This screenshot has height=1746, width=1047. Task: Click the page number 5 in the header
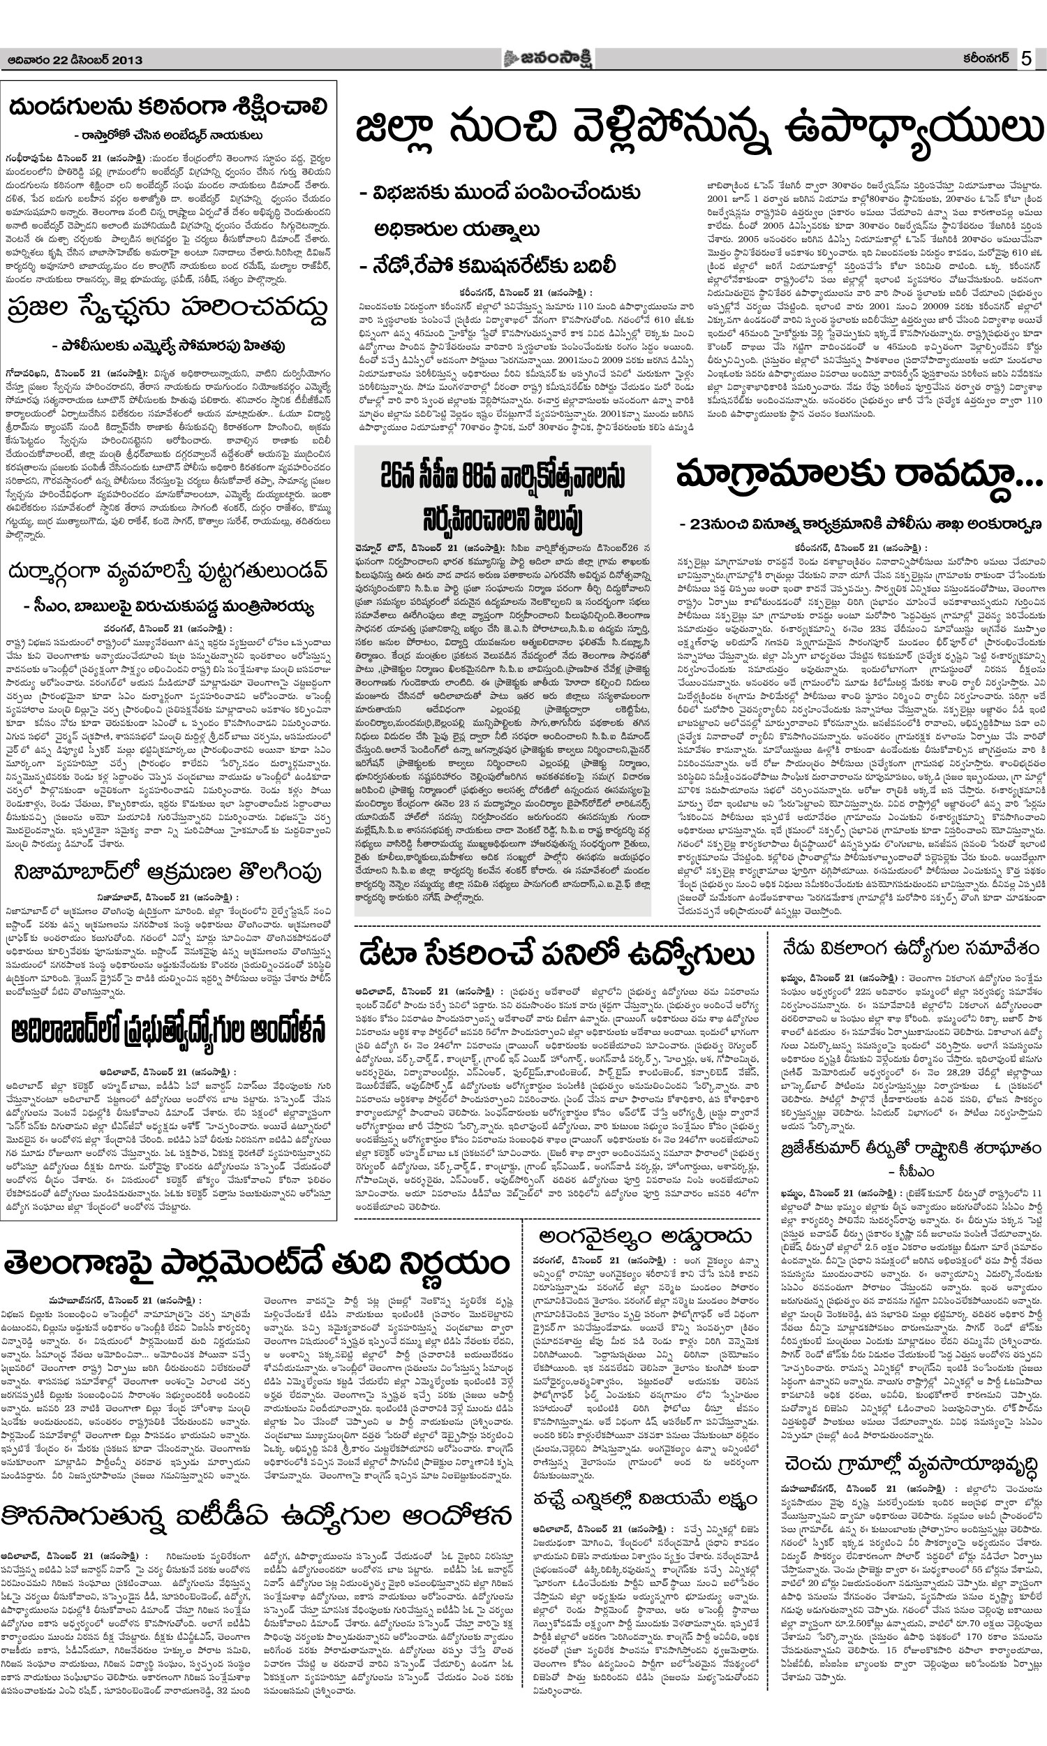point(1026,59)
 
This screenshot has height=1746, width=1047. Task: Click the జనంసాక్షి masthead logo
point(547,59)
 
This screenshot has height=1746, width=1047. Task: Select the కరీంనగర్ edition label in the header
point(983,59)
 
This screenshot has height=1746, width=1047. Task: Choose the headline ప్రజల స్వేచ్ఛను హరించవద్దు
point(168,309)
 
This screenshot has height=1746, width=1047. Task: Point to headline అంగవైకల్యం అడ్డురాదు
point(645,1217)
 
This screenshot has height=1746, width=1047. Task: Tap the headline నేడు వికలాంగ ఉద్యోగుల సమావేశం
point(909,948)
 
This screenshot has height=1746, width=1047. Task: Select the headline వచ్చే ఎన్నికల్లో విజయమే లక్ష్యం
point(645,1476)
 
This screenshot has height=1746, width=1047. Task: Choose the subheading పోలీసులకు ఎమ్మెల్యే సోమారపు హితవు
point(168,346)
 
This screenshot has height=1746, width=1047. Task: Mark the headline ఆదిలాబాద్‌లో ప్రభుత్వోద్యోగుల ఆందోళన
point(168,1032)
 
